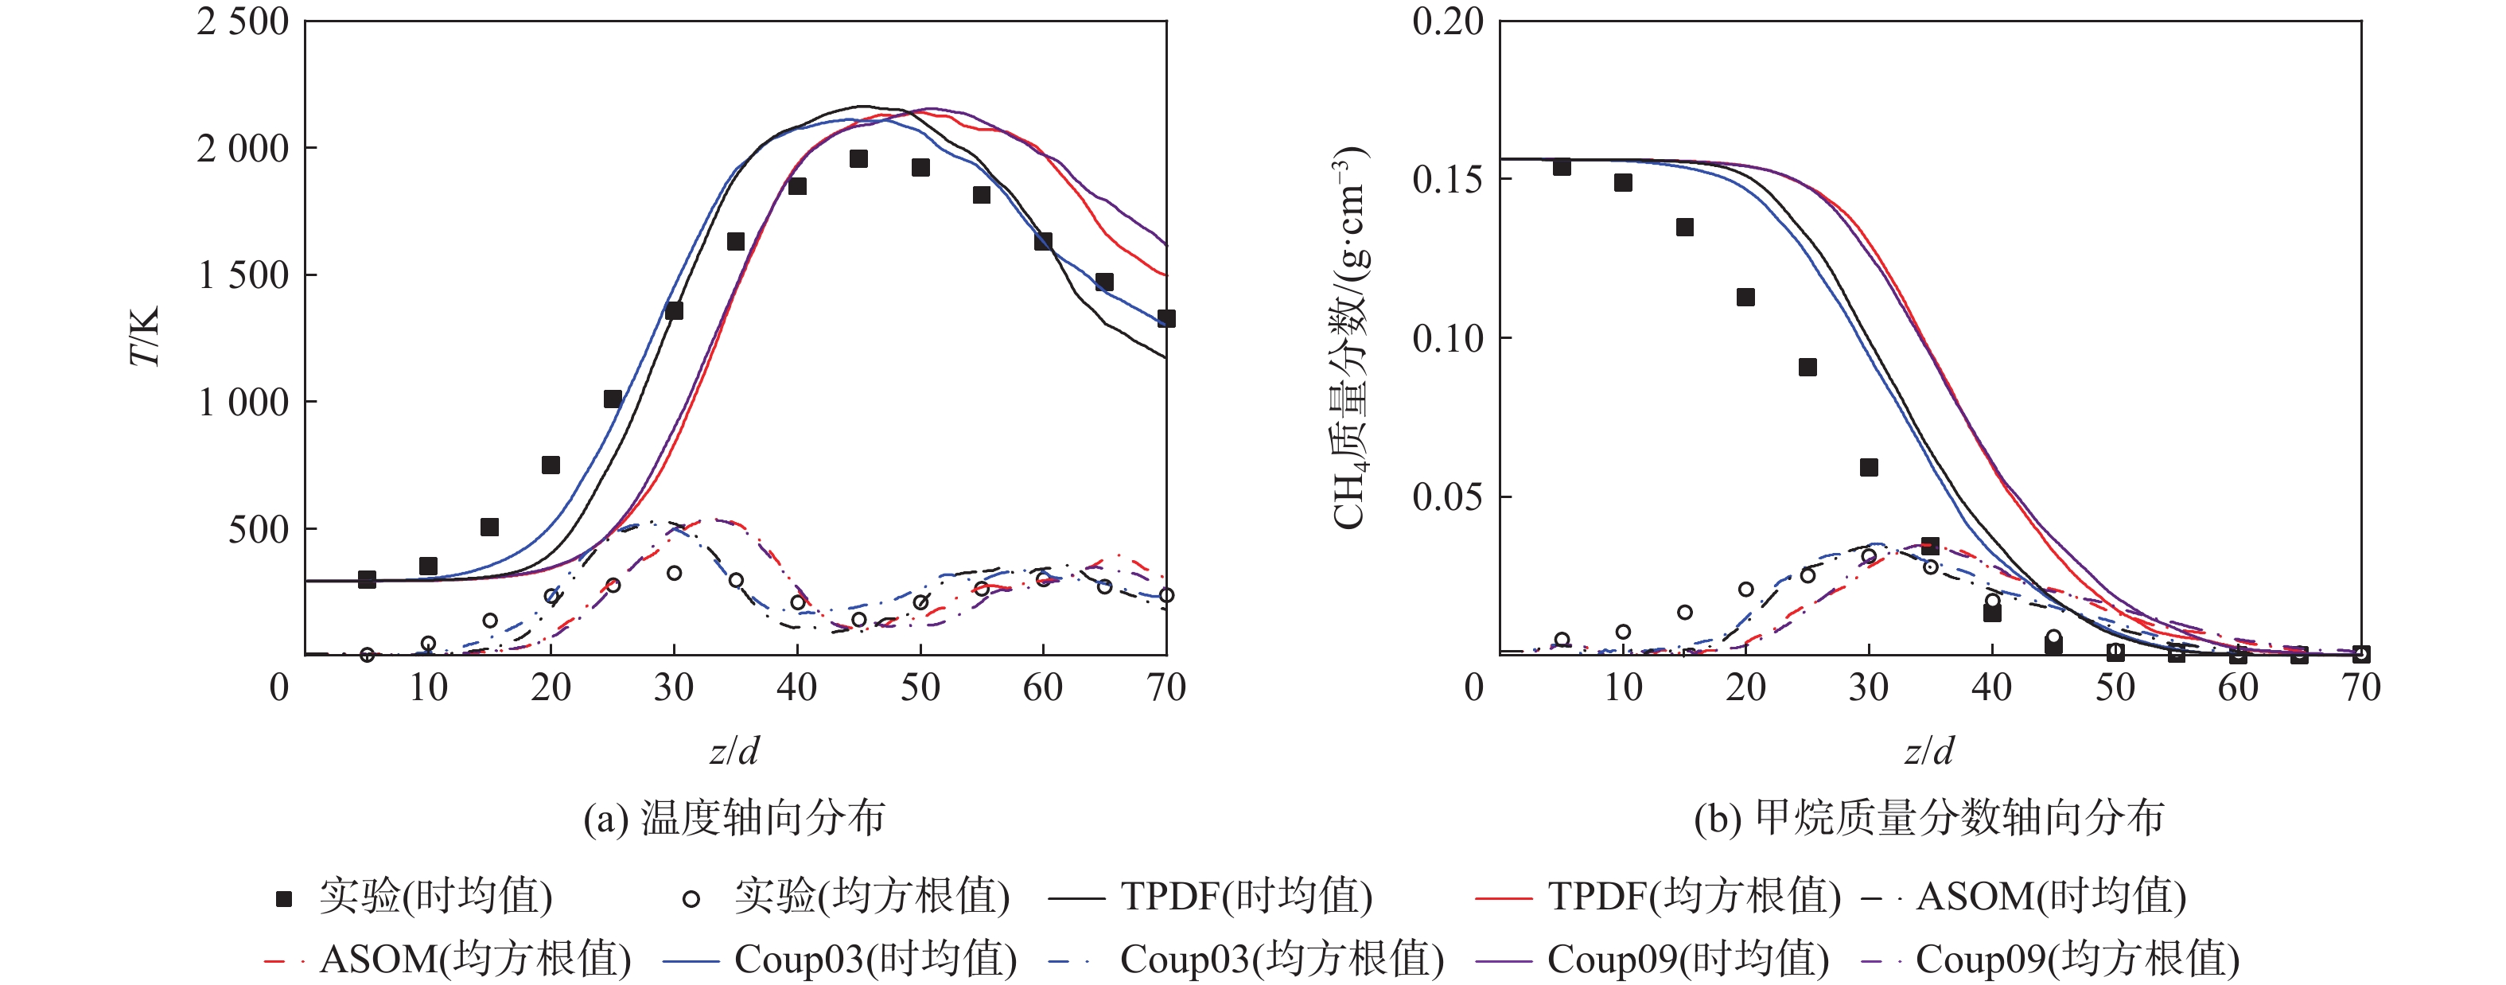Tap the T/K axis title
pyautogui.click(x=144, y=337)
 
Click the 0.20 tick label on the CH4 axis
pyautogui.click(x=1448, y=21)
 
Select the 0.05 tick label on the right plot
pyautogui.click(x=1448, y=496)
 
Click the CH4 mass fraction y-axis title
pyautogui.click(x=1350, y=337)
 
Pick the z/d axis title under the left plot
pyautogui.click(x=734, y=751)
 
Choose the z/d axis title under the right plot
pyautogui.click(x=1928, y=751)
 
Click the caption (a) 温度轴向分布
pyautogui.click(x=734, y=818)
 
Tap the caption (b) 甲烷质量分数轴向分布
pyautogui.click(x=1928, y=818)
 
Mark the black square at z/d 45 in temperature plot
pyautogui.click(x=858, y=158)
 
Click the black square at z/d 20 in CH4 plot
pyautogui.click(x=1745, y=297)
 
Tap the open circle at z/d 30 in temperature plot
pyautogui.click(x=674, y=574)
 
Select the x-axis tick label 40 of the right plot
pyautogui.click(x=1991, y=688)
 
